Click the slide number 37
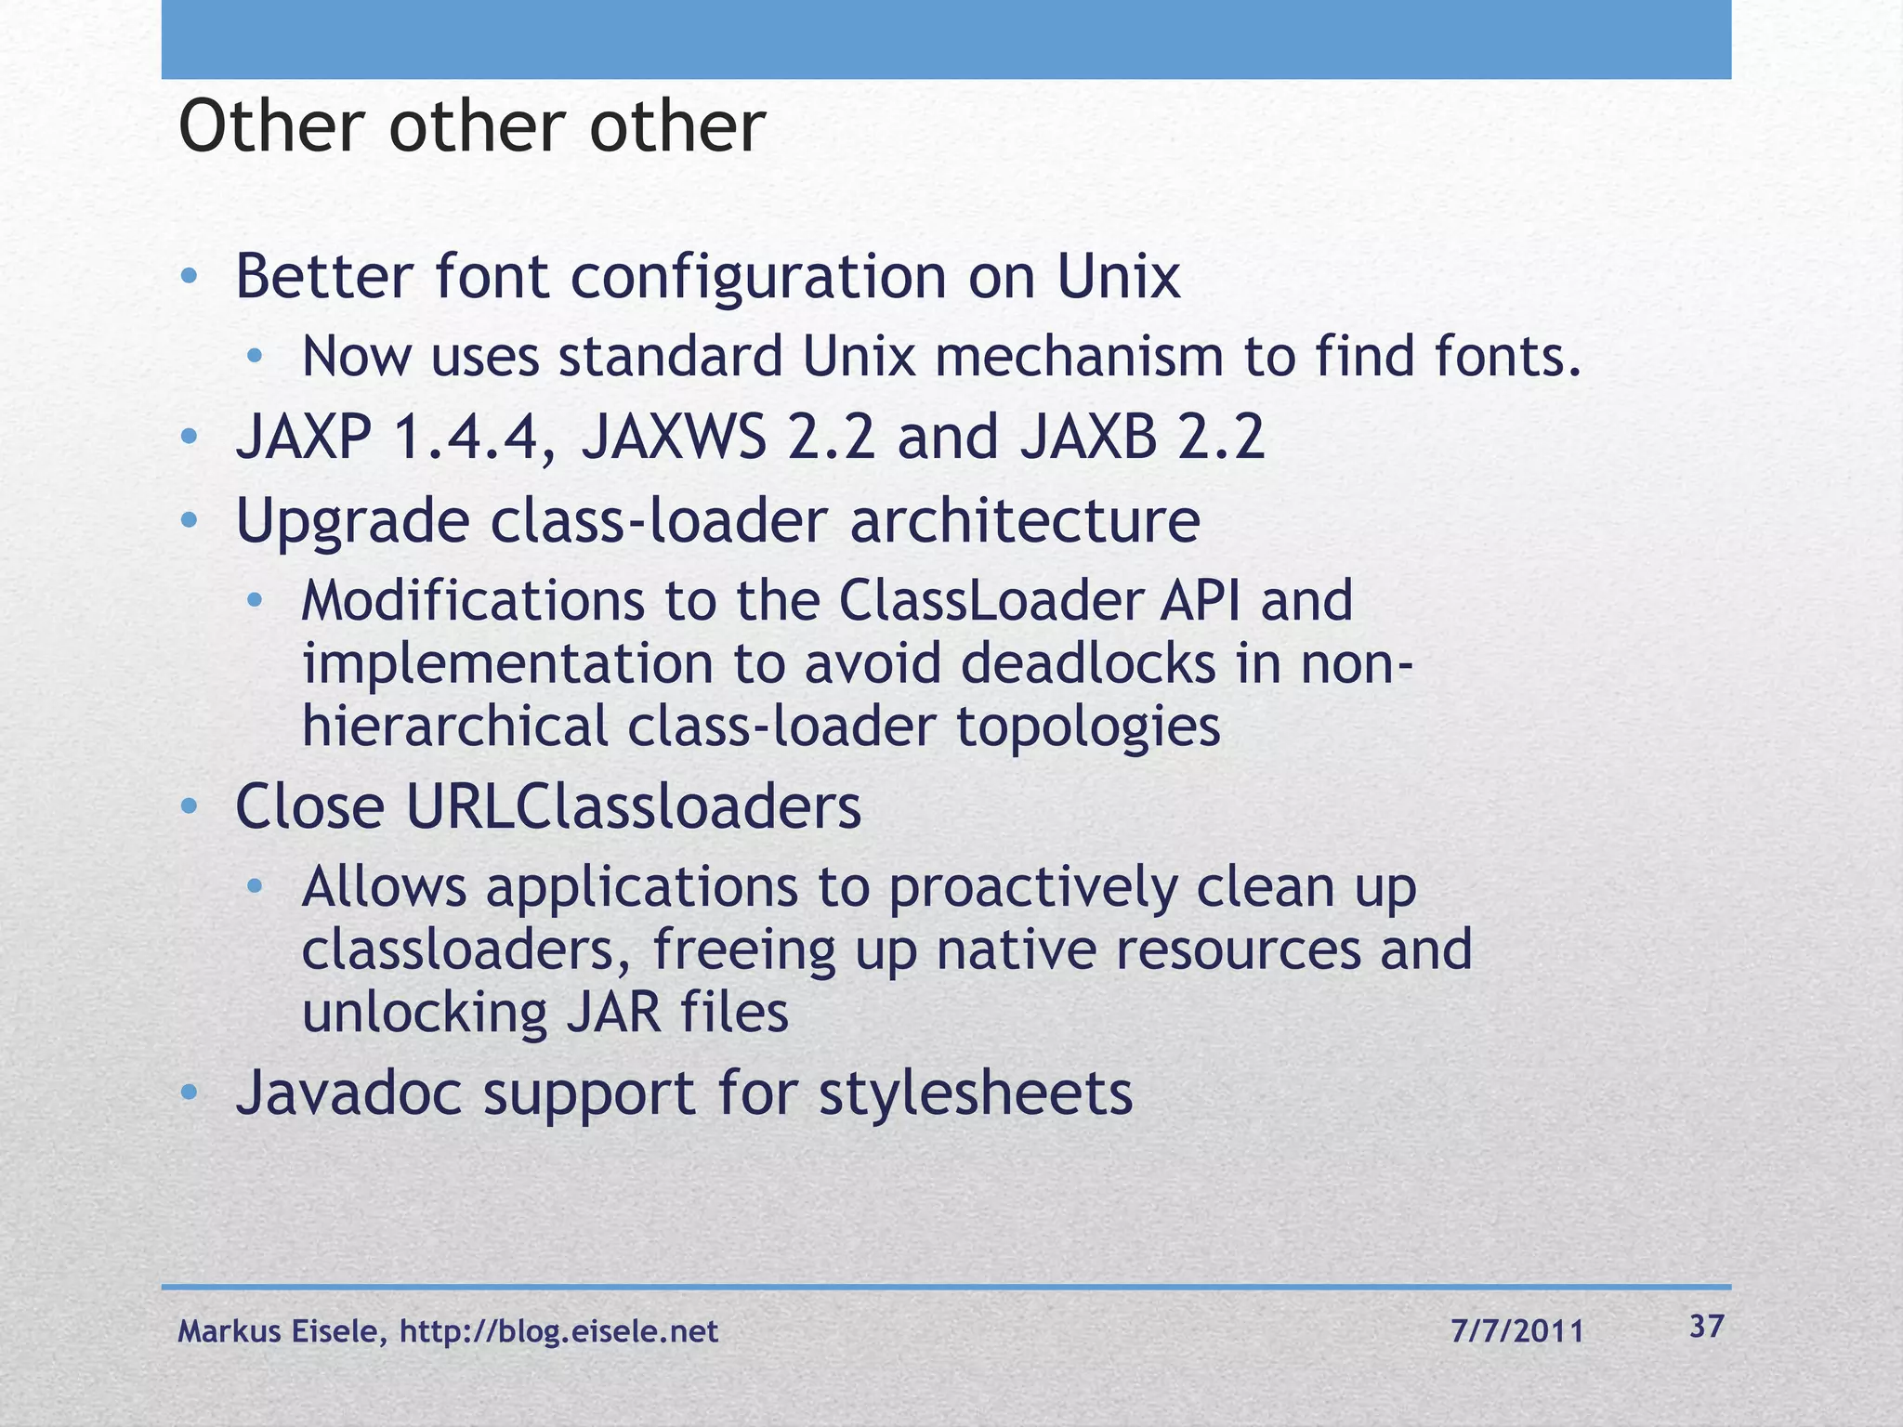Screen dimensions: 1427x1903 pyautogui.click(x=1706, y=1327)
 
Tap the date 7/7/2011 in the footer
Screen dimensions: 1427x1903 pyautogui.click(x=1516, y=1332)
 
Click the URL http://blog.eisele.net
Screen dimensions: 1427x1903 pyautogui.click(x=558, y=1332)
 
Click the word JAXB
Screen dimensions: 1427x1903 pyautogui.click(x=1088, y=438)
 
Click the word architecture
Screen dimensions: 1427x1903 pyautogui.click(x=1024, y=520)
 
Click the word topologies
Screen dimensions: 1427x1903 pyautogui.click(x=1088, y=727)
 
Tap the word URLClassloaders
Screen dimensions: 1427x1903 pyautogui.click(x=633, y=806)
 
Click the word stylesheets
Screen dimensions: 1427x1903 pyautogui.click(x=976, y=1093)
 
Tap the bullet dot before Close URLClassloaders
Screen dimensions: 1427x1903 pyautogui.click(x=189, y=806)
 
